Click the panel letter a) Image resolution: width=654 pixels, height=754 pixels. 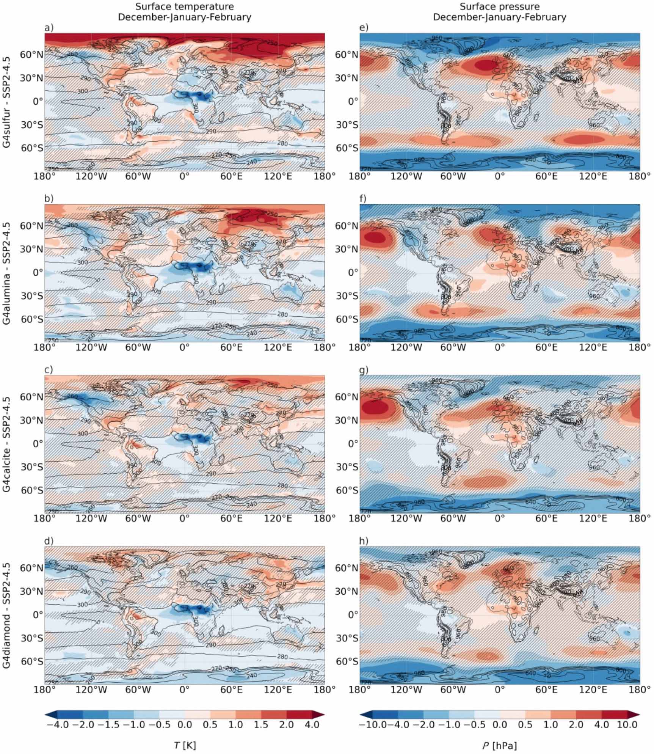click(x=49, y=27)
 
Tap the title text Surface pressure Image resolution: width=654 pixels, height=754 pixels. click(x=500, y=7)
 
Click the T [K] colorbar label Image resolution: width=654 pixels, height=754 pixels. click(x=185, y=745)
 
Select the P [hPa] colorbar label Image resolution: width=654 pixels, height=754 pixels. click(x=500, y=745)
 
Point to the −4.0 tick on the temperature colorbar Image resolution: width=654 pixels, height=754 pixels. click(x=57, y=725)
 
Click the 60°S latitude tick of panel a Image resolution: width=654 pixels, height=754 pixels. click(x=32, y=148)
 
